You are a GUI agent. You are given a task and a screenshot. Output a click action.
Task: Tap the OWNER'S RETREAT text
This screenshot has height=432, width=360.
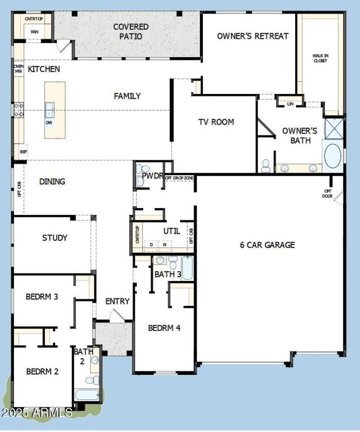tap(252, 36)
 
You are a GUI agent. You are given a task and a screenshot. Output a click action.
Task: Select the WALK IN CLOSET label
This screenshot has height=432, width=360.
tap(320, 58)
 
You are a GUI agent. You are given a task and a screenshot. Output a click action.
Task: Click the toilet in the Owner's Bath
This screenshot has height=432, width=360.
tap(265, 165)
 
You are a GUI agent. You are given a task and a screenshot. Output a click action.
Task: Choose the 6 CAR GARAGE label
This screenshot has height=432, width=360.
tap(267, 245)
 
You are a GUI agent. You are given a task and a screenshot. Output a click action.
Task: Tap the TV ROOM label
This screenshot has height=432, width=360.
tap(216, 122)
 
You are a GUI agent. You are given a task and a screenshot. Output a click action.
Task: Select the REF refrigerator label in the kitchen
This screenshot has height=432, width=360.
tap(23, 152)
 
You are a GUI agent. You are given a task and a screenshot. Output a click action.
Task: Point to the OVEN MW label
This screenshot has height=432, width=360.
tap(18, 69)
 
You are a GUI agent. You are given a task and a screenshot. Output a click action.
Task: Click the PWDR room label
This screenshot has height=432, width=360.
tap(152, 175)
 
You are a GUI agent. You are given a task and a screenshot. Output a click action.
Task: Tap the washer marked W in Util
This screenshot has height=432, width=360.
tap(165, 245)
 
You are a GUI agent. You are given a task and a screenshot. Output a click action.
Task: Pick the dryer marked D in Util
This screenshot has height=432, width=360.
tap(151, 245)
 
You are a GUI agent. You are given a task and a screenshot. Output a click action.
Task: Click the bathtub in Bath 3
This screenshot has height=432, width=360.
tap(187, 269)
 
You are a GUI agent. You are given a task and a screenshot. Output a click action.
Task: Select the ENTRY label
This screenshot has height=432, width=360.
tap(117, 302)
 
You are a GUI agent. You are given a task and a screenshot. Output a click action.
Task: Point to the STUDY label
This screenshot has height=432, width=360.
tap(55, 238)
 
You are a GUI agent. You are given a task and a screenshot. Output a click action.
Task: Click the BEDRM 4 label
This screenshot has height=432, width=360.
tap(164, 328)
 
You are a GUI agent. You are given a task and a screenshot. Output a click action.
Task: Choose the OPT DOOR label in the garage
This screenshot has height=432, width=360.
tap(328, 193)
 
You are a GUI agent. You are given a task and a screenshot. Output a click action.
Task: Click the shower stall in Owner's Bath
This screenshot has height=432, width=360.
tap(333, 129)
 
